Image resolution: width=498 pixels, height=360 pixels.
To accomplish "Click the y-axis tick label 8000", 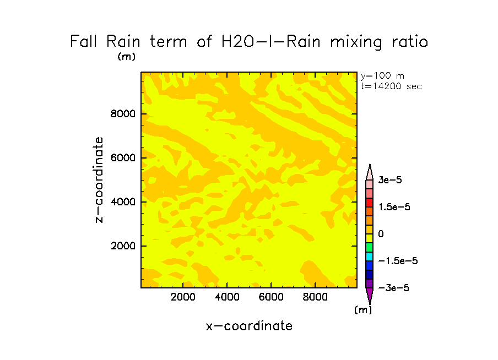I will (124, 114).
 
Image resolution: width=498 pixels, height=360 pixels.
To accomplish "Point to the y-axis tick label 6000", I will (124, 159).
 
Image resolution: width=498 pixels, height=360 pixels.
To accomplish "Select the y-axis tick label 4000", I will (124, 202).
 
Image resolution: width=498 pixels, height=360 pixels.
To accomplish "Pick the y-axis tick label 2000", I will (124, 246).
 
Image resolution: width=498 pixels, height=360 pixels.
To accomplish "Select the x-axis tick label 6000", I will (271, 298).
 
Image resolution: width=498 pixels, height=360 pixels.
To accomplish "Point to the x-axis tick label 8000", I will (315, 298).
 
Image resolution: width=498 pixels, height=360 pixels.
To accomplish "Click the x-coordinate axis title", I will (249, 326).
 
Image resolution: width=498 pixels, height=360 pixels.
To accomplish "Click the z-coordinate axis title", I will (100, 179).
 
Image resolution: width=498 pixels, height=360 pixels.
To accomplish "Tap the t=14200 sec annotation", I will (391, 86).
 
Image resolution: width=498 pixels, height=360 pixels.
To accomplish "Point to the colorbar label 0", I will (381, 234).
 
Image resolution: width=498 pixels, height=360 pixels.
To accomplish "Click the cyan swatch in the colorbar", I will (370, 257).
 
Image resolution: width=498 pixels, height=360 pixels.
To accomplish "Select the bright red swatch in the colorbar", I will (370, 203).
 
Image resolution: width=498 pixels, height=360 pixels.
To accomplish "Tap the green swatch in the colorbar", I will (370, 248).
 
